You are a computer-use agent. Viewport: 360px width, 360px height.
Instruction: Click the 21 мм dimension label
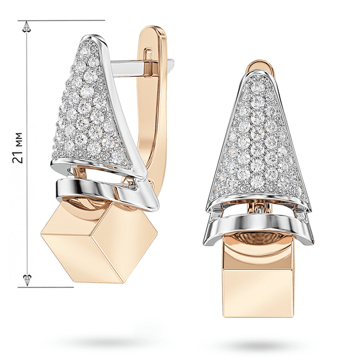point(17,148)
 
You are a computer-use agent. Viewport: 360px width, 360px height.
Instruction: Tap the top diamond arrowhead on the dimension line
point(27,26)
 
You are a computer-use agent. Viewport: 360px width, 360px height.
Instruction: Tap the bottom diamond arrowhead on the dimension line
point(28,280)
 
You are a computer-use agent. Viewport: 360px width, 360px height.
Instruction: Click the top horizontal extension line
point(61,20)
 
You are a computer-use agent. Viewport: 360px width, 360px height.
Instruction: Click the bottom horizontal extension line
point(46,287)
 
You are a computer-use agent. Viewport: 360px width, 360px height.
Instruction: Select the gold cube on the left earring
point(99,244)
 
